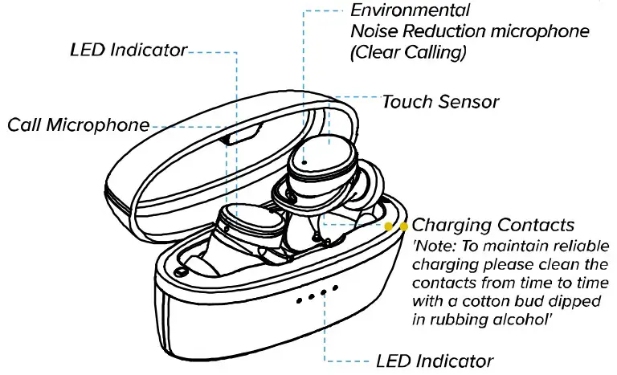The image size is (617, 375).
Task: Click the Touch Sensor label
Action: [x=440, y=102]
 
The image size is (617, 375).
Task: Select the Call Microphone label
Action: [x=78, y=125]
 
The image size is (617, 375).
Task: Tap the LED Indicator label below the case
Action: [x=435, y=360]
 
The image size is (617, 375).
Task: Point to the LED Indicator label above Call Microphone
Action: [x=129, y=51]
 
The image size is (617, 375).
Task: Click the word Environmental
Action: [x=411, y=12]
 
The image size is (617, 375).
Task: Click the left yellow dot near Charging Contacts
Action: [x=390, y=226]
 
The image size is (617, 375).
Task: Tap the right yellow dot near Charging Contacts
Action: [x=403, y=226]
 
